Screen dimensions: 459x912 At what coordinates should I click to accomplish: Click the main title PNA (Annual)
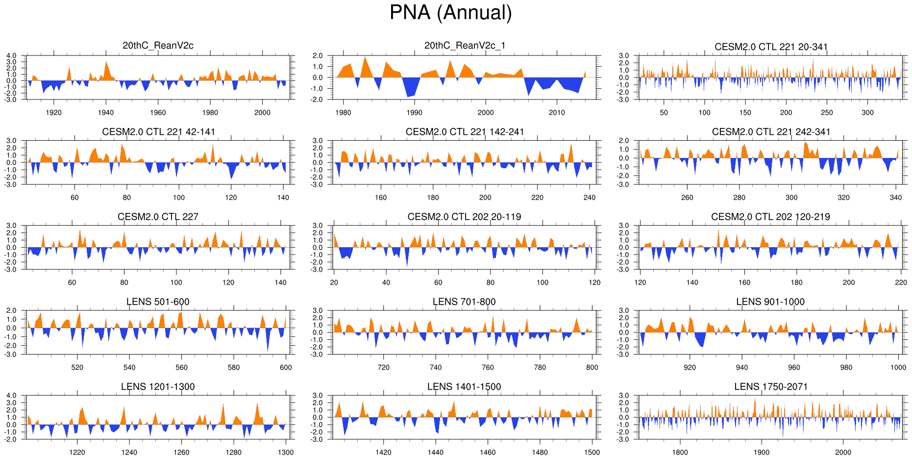pyautogui.click(x=450, y=13)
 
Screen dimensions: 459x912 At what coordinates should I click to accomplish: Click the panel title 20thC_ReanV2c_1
pyautogui.click(x=464, y=46)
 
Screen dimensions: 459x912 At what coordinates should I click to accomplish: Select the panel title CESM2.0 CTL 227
pyautogui.click(x=158, y=217)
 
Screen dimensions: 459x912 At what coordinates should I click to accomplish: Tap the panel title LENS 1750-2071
pyautogui.click(x=770, y=387)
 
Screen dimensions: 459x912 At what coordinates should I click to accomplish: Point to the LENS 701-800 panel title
pyautogui.click(x=464, y=302)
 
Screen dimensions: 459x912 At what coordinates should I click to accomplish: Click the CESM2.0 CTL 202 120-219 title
pyautogui.click(x=770, y=217)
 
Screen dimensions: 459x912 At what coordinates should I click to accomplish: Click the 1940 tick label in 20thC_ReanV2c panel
pyautogui.click(x=106, y=112)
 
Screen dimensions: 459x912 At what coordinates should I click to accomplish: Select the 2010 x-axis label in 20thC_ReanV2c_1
pyautogui.click(x=557, y=112)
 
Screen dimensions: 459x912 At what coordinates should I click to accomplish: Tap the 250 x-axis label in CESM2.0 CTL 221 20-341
pyautogui.click(x=827, y=112)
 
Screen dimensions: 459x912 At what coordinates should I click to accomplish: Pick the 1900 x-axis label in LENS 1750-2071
pyautogui.click(x=761, y=452)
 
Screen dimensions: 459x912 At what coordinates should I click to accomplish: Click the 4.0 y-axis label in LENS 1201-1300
pyautogui.click(x=11, y=396)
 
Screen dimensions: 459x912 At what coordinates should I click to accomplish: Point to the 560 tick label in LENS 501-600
pyautogui.click(x=181, y=367)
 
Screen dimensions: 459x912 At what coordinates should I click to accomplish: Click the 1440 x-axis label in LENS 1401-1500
pyautogui.click(x=435, y=452)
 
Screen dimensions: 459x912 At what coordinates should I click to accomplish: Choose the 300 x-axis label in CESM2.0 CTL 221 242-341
pyautogui.click(x=791, y=197)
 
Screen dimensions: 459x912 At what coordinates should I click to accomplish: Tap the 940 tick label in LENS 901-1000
pyautogui.click(x=742, y=367)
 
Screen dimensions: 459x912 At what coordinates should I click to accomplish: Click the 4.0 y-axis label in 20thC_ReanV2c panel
pyautogui.click(x=11, y=56)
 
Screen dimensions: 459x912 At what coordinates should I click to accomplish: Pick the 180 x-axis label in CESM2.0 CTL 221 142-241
pyautogui.click(x=433, y=197)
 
